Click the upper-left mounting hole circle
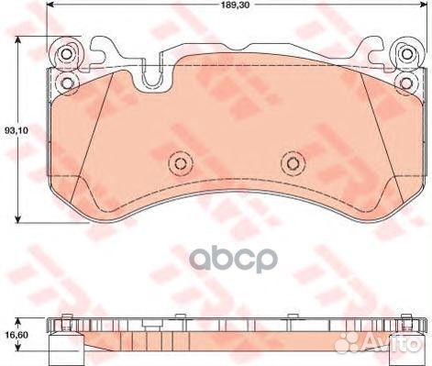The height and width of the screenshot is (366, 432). pos(66,54)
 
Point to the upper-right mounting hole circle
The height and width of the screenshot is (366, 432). pos(406,54)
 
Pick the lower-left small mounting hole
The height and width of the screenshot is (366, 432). pos(66,83)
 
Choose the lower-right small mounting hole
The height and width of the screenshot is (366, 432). pos(406,83)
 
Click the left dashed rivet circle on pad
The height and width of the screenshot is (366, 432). pos(181,164)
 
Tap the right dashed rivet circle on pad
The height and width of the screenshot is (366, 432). pos(293,164)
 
